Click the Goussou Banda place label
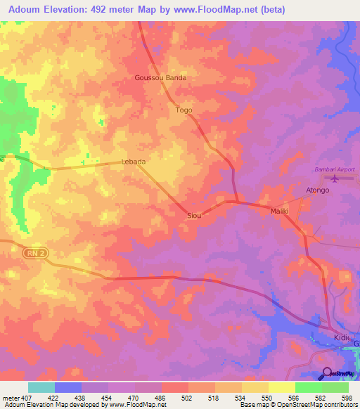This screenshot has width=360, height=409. tap(160, 78)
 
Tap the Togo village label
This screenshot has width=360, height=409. tap(184, 110)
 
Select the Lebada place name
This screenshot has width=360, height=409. tap(134, 162)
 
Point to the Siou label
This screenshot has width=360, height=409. tap(193, 215)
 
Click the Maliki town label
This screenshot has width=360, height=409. tap(280, 211)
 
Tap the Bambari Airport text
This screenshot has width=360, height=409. tap(333, 169)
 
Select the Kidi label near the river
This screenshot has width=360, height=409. tap(341, 337)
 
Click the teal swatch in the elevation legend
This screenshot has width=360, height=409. tap(41, 387)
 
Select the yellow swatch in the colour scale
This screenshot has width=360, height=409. tap(281, 387)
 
